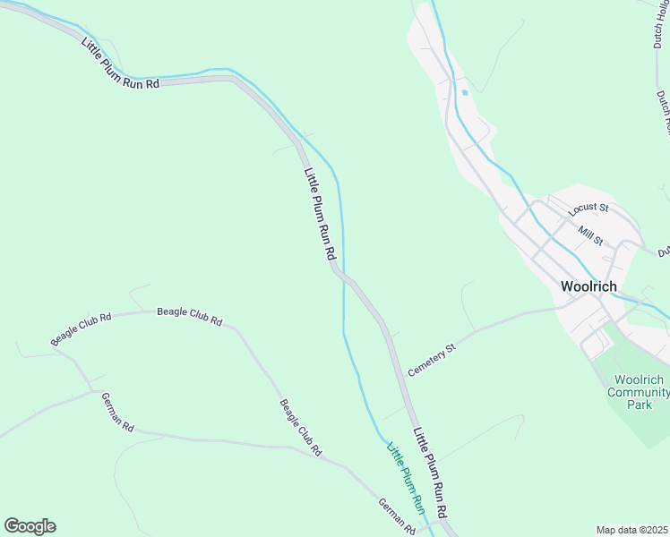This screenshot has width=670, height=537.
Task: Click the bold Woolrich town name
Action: point(588,287)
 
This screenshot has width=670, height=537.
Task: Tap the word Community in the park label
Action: point(640,392)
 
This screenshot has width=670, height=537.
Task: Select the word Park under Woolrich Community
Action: point(640,405)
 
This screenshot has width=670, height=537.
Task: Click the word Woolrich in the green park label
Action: point(640,379)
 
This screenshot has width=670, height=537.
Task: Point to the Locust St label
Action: point(588,209)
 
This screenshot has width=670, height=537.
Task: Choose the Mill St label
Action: point(591,235)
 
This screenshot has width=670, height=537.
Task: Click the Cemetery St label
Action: point(432,359)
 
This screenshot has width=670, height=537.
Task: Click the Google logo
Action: point(30,526)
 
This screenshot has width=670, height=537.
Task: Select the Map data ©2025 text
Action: point(632,530)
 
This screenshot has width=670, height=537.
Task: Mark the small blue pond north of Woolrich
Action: point(464,92)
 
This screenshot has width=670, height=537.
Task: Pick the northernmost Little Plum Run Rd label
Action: point(119,64)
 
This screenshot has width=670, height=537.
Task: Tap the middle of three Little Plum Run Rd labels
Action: point(319,215)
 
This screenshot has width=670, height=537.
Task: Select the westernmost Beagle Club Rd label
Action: point(81,328)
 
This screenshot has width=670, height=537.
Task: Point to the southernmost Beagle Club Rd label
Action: point(300,428)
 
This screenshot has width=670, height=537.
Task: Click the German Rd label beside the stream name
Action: point(396,517)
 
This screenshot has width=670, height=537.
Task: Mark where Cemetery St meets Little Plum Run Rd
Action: point(402,375)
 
